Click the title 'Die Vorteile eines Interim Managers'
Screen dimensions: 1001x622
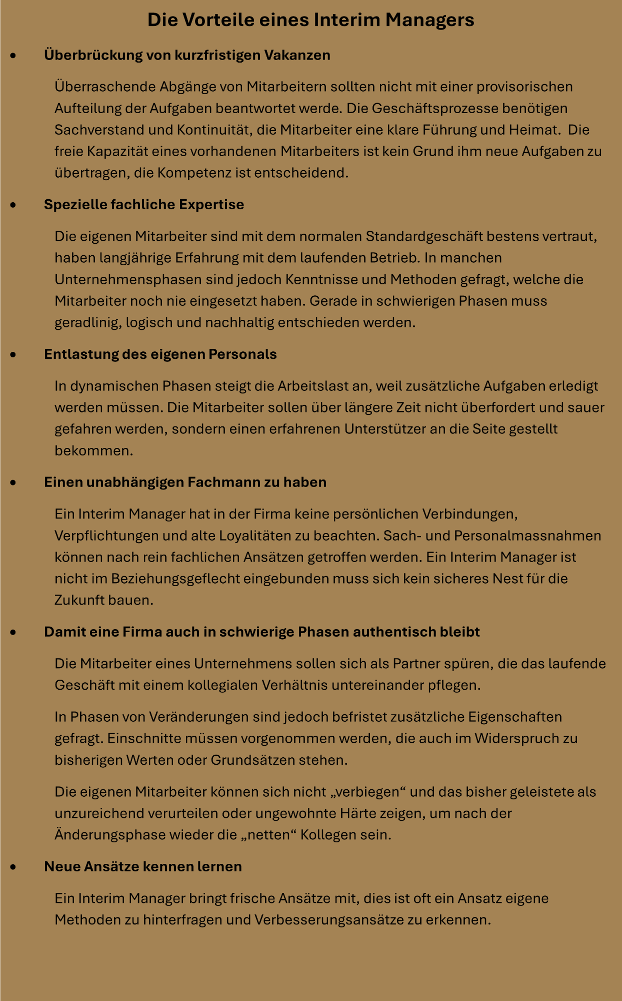[x=310, y=20]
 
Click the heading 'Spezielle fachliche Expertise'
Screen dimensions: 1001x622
[x=144, y=204]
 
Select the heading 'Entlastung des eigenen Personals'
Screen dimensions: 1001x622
[x=160, y=354]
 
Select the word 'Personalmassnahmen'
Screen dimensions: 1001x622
[x=527, y=536]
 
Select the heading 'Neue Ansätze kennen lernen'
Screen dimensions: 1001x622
[x=143, y=866]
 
